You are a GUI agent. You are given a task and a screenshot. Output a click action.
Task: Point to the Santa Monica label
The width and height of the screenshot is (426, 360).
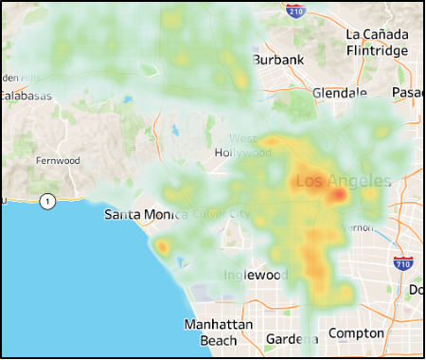tap(141, 215)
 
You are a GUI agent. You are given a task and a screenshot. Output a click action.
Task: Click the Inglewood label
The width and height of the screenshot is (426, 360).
tap(256, 275)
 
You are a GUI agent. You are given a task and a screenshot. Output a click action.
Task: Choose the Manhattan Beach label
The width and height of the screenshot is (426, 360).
tap(218, 332)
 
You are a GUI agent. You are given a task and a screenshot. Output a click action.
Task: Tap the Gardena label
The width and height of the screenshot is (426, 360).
tap(285, 338)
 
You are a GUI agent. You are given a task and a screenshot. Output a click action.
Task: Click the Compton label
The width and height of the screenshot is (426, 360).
tap(356, 333)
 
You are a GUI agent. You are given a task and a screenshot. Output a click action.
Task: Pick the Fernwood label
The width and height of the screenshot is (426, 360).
tap(58, 161)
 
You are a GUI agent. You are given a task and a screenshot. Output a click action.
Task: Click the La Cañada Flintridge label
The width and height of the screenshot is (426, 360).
tap(377, 42)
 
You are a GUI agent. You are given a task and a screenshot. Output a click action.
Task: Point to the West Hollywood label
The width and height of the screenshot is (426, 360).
tap(236, 146)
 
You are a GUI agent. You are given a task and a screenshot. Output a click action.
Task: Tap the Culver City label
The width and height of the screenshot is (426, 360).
tap(220, 214)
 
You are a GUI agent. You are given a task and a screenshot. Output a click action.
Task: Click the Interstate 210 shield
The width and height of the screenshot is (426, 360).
tap(296, 10)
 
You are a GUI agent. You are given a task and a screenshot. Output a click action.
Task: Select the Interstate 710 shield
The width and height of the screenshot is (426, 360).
tap(403, 262)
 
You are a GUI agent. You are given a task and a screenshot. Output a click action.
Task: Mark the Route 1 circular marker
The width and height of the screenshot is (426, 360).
tap(47, 200)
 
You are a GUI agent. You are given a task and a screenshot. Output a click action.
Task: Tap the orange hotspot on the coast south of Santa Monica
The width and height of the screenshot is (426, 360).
tap(162, 248)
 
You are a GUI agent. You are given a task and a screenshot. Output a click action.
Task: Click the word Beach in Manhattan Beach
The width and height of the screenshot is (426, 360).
tap(219, 339)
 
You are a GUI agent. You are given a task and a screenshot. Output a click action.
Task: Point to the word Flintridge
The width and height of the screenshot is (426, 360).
tap(377, 50)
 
